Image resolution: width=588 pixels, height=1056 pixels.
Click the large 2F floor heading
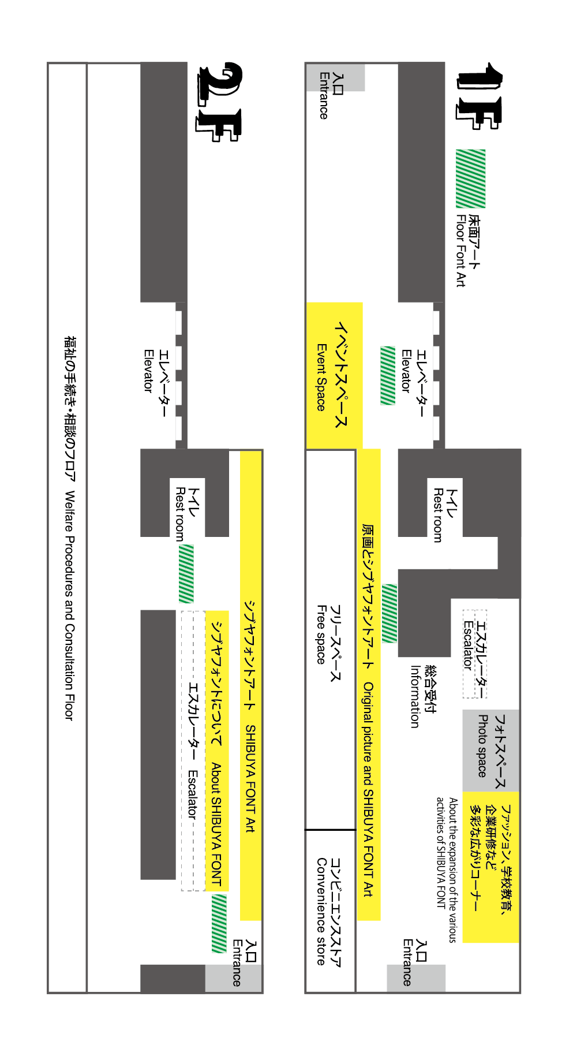220,102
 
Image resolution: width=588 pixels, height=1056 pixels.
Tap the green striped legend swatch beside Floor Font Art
470,178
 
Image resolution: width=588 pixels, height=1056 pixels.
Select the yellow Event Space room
334,375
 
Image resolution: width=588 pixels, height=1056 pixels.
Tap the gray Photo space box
490,751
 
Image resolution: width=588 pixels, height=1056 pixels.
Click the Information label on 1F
422,696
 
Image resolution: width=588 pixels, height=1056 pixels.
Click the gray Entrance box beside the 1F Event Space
343,77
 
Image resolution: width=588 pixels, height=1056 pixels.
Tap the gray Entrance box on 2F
234,978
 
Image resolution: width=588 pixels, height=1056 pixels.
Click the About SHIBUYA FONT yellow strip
217,751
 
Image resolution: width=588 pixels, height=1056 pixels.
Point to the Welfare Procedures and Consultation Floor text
69,528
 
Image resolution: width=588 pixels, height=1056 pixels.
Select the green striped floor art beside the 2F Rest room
186,574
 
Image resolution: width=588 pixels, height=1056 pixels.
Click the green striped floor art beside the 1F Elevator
388,375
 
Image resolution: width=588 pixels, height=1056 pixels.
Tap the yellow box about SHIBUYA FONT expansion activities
490,866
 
